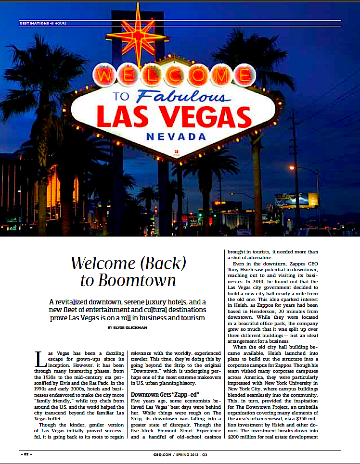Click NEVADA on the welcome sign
pos(176,137)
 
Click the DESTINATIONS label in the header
pos(34,23)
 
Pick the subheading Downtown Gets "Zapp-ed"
pos(159,395)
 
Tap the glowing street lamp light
pos(292,168)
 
